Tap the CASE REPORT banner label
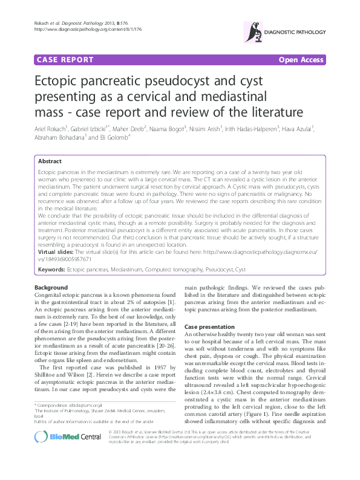click(x=65, y=60)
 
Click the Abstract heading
click(x=50, y=161)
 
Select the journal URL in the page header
click(x=88, y=28)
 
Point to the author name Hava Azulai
click(x=297, y=129)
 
